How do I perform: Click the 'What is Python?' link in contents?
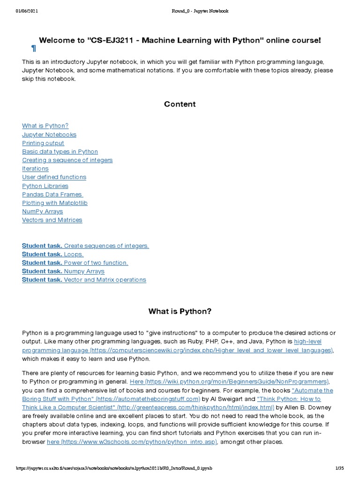[45, 126]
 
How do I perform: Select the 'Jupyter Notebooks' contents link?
[49, 135]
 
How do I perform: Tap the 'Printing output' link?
[43, 143]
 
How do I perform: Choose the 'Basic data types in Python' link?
[60, 151]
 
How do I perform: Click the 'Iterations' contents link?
[35, 168]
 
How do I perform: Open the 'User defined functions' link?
[54, 177]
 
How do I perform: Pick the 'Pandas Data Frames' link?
[52, 194]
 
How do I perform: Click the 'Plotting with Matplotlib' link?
[55, 202]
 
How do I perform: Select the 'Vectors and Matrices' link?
[52, 220]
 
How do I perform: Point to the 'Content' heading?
[180, 104]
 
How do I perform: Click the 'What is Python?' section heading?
[180, 311]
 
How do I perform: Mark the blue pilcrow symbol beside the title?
[33, 48]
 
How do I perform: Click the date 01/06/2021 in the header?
[26, 11]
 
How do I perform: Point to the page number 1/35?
[340, 468]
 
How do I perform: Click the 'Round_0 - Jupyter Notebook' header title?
[200, 11]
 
